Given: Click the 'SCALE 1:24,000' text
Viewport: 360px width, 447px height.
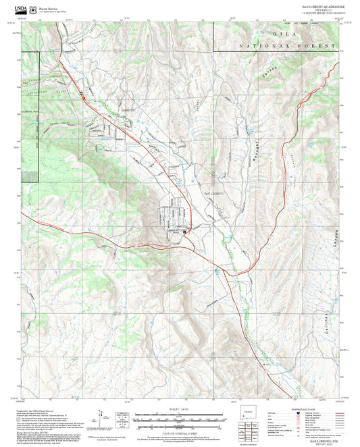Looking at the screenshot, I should tap(178, 410).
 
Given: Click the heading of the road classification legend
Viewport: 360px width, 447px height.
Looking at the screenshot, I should tap(305, 411).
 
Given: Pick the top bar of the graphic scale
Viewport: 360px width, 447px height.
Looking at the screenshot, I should tap(178, 415).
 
